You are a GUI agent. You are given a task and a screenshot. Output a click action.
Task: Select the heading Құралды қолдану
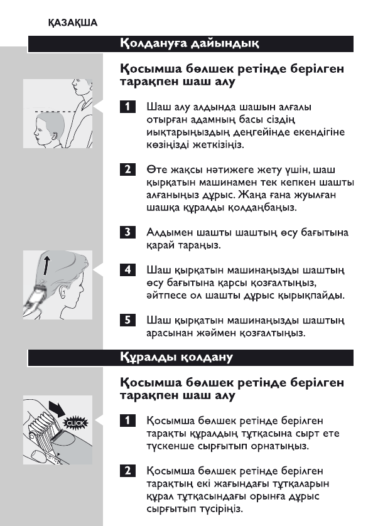click(x=176, y=357)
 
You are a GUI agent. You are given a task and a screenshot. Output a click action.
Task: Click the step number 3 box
click(x=127, y=233)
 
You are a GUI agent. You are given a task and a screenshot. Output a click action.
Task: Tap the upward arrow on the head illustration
click(x=45, y=264)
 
